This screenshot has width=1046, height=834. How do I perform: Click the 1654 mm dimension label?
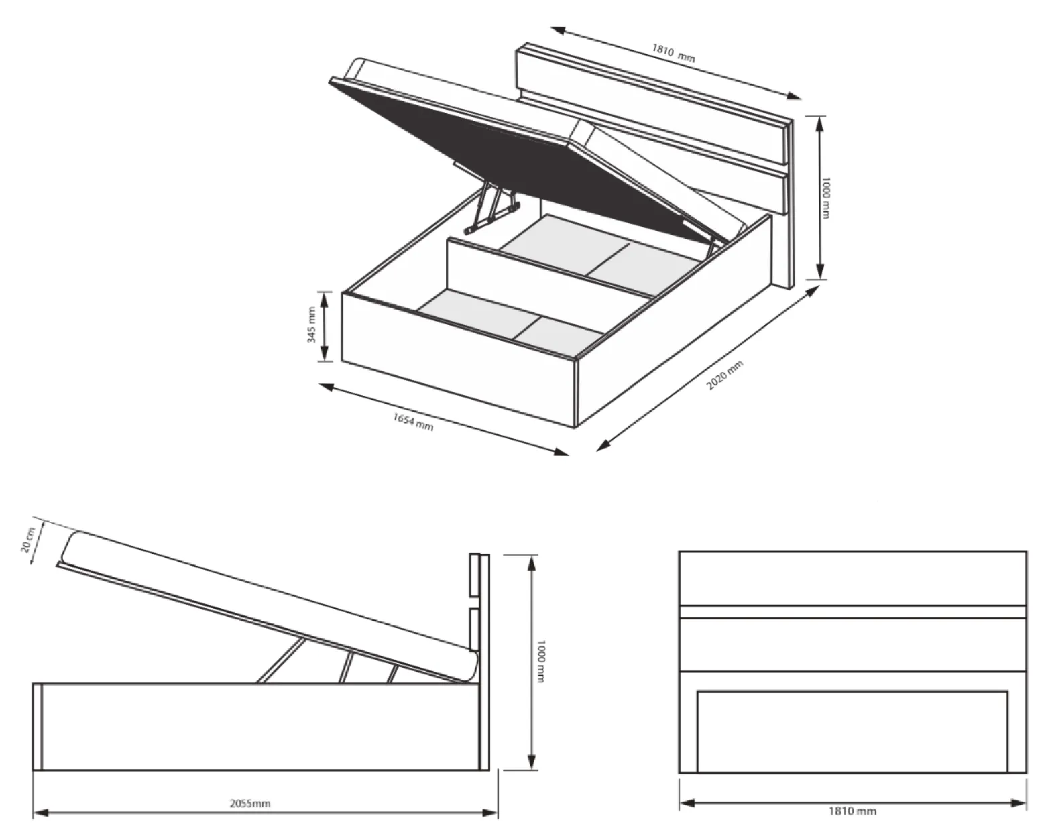[412, 422]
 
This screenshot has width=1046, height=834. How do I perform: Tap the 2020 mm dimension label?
[725, 375]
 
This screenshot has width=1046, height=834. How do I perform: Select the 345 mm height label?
[312, 324]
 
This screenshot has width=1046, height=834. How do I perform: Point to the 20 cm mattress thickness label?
[28, 540]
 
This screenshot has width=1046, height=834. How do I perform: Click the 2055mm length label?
[250, 803]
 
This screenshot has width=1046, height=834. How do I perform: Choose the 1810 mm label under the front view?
[852, 811]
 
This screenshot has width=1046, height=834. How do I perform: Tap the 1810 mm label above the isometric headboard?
[673, 54]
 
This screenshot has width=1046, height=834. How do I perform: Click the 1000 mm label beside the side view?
[541, 662]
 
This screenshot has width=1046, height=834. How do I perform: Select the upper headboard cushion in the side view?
[475, 575]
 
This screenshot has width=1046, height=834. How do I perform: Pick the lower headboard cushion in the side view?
[475, 630]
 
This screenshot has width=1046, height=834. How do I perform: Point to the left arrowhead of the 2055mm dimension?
[40, 812]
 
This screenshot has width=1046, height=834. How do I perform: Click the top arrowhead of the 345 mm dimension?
[325, 298]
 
